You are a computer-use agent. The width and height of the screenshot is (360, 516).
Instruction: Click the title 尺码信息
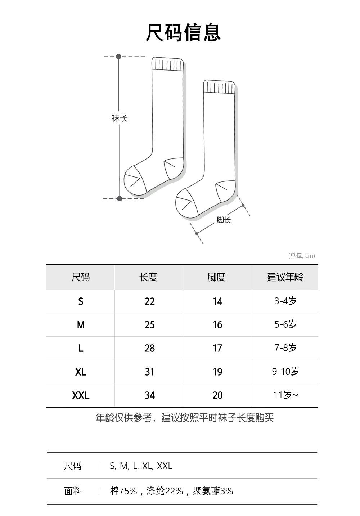click(183, 32)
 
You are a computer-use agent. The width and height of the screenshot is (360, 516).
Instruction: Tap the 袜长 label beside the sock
click(120, 118)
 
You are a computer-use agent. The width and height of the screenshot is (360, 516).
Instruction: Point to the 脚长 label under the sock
click(224, 220)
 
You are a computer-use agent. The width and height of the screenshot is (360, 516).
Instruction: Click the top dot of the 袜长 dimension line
click(119, 57)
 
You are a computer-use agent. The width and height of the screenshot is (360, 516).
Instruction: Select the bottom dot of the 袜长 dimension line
click(120, 198)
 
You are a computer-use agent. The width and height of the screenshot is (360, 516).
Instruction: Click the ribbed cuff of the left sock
click(167, 64)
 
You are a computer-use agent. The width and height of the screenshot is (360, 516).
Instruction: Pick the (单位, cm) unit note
click(301, 256)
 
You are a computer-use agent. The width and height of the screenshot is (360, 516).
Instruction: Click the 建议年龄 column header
click(285, 277)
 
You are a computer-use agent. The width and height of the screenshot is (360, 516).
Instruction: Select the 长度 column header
click(148, 277)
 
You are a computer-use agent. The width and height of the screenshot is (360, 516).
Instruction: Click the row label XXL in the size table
click(81, 395)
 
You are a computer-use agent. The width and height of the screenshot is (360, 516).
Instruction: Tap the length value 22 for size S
click(149, 301)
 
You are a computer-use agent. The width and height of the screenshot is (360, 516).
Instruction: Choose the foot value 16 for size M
click(217, 325)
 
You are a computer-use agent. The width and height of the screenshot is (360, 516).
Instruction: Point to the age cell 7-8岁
click(285, 348)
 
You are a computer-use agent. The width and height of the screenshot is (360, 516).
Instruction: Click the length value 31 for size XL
click(149, 372)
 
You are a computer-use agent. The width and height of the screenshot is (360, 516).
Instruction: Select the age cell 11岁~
click(285, 395)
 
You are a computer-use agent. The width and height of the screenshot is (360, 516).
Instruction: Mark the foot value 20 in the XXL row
click(217, 395)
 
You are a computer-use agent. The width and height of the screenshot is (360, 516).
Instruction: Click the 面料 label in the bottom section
click(73, 491)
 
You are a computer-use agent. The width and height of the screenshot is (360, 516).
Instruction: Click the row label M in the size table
click(81, 325)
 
